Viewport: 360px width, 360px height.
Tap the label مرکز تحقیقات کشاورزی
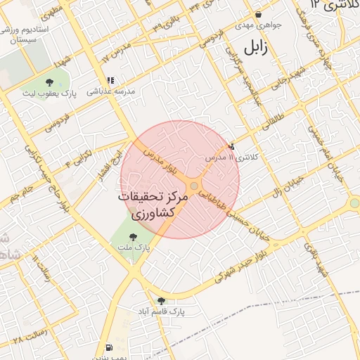[x=153, y=205]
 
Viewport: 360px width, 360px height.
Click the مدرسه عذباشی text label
[x=110, y=91]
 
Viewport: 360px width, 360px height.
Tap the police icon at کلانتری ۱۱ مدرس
[x=231, y=146]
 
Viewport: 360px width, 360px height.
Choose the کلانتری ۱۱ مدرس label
[x=232, y=157]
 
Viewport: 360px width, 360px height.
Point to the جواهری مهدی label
[x=259, y=25]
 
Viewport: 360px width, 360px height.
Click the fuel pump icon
[x=108, y=347]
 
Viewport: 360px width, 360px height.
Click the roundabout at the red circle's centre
[x=194, y=186]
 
